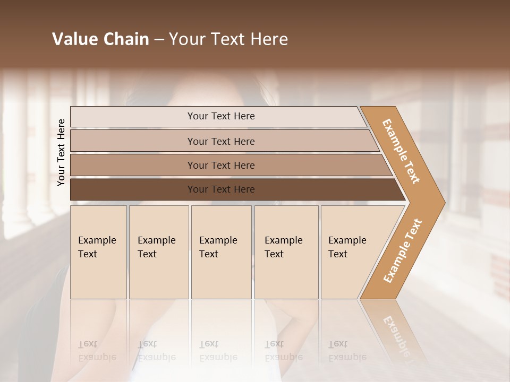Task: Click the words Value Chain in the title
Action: coord(100,39)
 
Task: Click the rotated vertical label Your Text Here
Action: coord(61,152)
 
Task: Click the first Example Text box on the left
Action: coord(98,252)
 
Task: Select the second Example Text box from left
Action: coord(159,252)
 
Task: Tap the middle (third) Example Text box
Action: coord(221,252)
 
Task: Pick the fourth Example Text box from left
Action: coord(286,252)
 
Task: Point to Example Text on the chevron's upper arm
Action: coord(401,151)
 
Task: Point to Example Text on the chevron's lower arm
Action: coord(402,251)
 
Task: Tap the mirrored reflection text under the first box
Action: coord(97,351)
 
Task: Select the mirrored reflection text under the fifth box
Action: coord(347,351)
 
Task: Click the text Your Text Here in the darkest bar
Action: coord(221,189)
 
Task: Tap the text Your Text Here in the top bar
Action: coord(221,116)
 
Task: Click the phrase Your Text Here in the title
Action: coord(228,39)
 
